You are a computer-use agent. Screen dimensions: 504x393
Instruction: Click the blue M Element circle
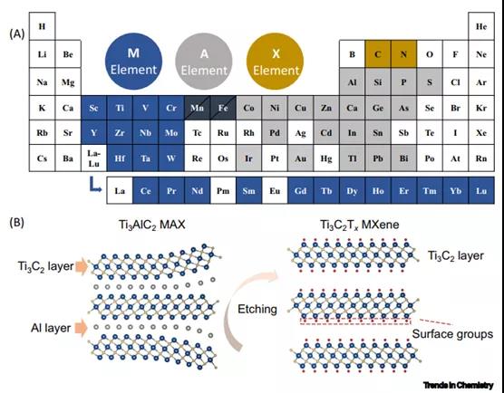(x=134, y=61)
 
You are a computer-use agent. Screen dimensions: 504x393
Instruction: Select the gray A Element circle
(x=204, y=61)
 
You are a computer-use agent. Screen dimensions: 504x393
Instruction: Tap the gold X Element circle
(x=276, y=61)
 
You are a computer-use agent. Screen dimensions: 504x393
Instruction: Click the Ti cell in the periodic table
(x=120, y=108)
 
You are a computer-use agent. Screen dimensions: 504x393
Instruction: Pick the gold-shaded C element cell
(x=378, y=54)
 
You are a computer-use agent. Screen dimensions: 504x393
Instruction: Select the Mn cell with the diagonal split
(x=197, y=108)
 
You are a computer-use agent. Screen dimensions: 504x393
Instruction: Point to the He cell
(x=481, y=26)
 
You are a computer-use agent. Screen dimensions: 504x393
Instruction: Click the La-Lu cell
(x=94, y=158)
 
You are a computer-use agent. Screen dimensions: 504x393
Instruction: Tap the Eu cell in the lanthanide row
(x=275, y=191)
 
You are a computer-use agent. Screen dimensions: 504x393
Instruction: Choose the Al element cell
(x=353, y=81)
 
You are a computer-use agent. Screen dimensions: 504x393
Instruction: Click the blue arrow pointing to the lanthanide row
(x=95, y=187)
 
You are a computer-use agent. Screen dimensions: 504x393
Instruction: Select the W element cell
(x=171, y=158)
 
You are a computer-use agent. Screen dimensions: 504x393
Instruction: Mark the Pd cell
(x=275, y=132)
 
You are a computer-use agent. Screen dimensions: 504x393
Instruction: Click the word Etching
(x=257, y=309)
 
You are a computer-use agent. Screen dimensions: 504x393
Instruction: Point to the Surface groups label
(x=452, y=334)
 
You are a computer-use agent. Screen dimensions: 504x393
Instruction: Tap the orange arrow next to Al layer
(x=82, y=328)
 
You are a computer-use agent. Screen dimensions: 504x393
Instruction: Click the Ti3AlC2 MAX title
(x=152, y=225)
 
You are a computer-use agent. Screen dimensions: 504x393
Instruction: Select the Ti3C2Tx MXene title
(x=359, y=225)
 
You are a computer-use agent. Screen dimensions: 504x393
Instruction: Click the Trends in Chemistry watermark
(x=459, y=385)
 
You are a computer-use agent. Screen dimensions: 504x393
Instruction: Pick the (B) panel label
(x=17, y=223)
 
